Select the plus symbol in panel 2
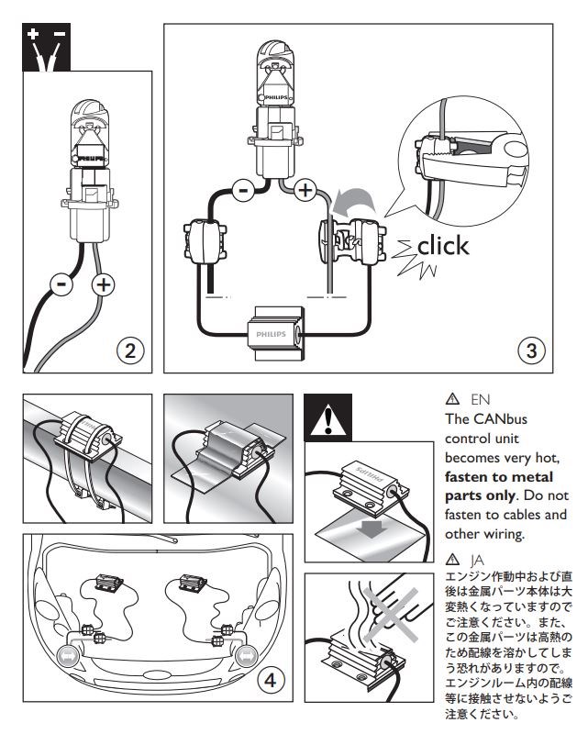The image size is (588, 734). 104,285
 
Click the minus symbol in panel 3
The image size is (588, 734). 243,191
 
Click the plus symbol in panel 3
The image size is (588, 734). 304,192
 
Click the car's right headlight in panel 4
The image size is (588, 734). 249,655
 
